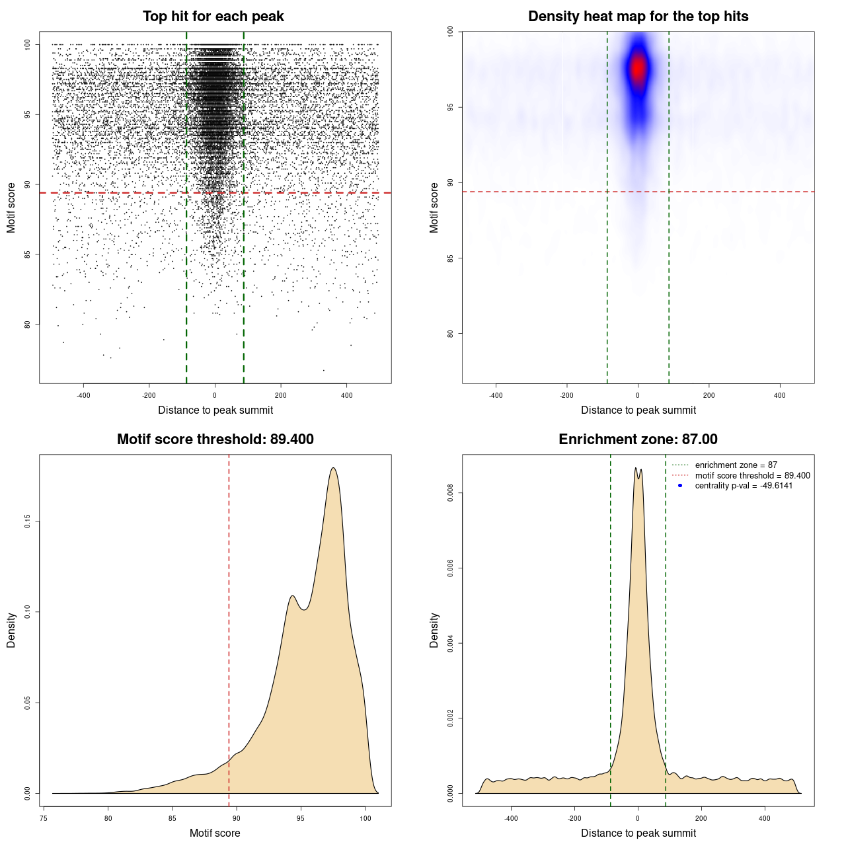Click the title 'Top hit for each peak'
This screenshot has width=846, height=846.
[x=213, y=17]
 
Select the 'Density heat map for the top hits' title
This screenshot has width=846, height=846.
[x=638, y=17]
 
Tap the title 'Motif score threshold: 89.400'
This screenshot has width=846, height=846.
[x=215, y=440]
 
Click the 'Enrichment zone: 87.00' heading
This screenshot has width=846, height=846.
[x=638, y=440]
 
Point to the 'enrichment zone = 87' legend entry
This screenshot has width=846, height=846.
[x=736, y=465]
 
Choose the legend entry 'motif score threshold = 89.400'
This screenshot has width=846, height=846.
[x=752, y=476]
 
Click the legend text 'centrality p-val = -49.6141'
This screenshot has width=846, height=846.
[x=744, y=486]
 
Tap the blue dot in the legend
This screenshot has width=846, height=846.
[x=680, y=486]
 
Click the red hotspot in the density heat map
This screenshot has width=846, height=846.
[x=638, y=68]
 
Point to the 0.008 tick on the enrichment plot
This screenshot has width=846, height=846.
[x=451, y=493]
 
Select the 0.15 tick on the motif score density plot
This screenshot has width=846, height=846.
[x=28, y=521]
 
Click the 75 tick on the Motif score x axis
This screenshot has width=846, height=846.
[x=44, y=818]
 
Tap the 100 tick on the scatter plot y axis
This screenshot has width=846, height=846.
[x=28, y=44]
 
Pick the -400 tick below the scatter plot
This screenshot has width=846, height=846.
[x=83, y=395]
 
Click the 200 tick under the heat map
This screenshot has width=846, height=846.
[x=709, y=395]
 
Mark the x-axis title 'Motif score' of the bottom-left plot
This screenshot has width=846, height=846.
[x=215, y=833]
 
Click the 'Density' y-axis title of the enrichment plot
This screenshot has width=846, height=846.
[x=434, y=630]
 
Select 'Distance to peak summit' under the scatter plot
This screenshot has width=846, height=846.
[x=215, y=410]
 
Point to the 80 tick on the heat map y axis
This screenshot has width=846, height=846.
[x=451, y=334]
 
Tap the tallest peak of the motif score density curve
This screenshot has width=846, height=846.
[x=333, y=468]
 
